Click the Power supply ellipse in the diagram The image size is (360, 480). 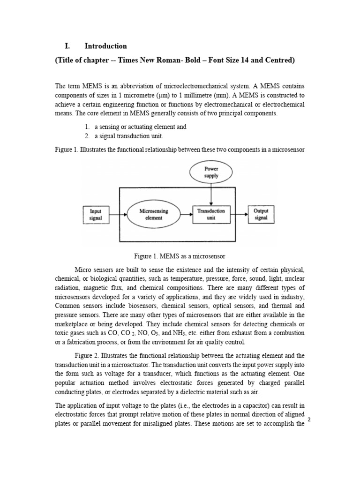[x=211, y=172]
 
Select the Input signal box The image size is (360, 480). [x=96, y=214]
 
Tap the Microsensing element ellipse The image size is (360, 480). [x=154, y=214]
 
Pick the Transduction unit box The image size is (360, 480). [x=211, y=214]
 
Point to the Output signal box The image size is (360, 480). [x=261, y=214]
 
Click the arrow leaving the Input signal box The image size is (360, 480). [x=117, y=214]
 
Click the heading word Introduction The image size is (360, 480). [x=105, y=46]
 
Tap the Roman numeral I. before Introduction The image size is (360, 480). [x=67, y=46]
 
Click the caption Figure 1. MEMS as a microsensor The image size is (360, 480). [x=180, y=256]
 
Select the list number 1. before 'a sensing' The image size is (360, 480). [x=87, y=127]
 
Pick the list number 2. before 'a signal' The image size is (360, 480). [x=87, y=136]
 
